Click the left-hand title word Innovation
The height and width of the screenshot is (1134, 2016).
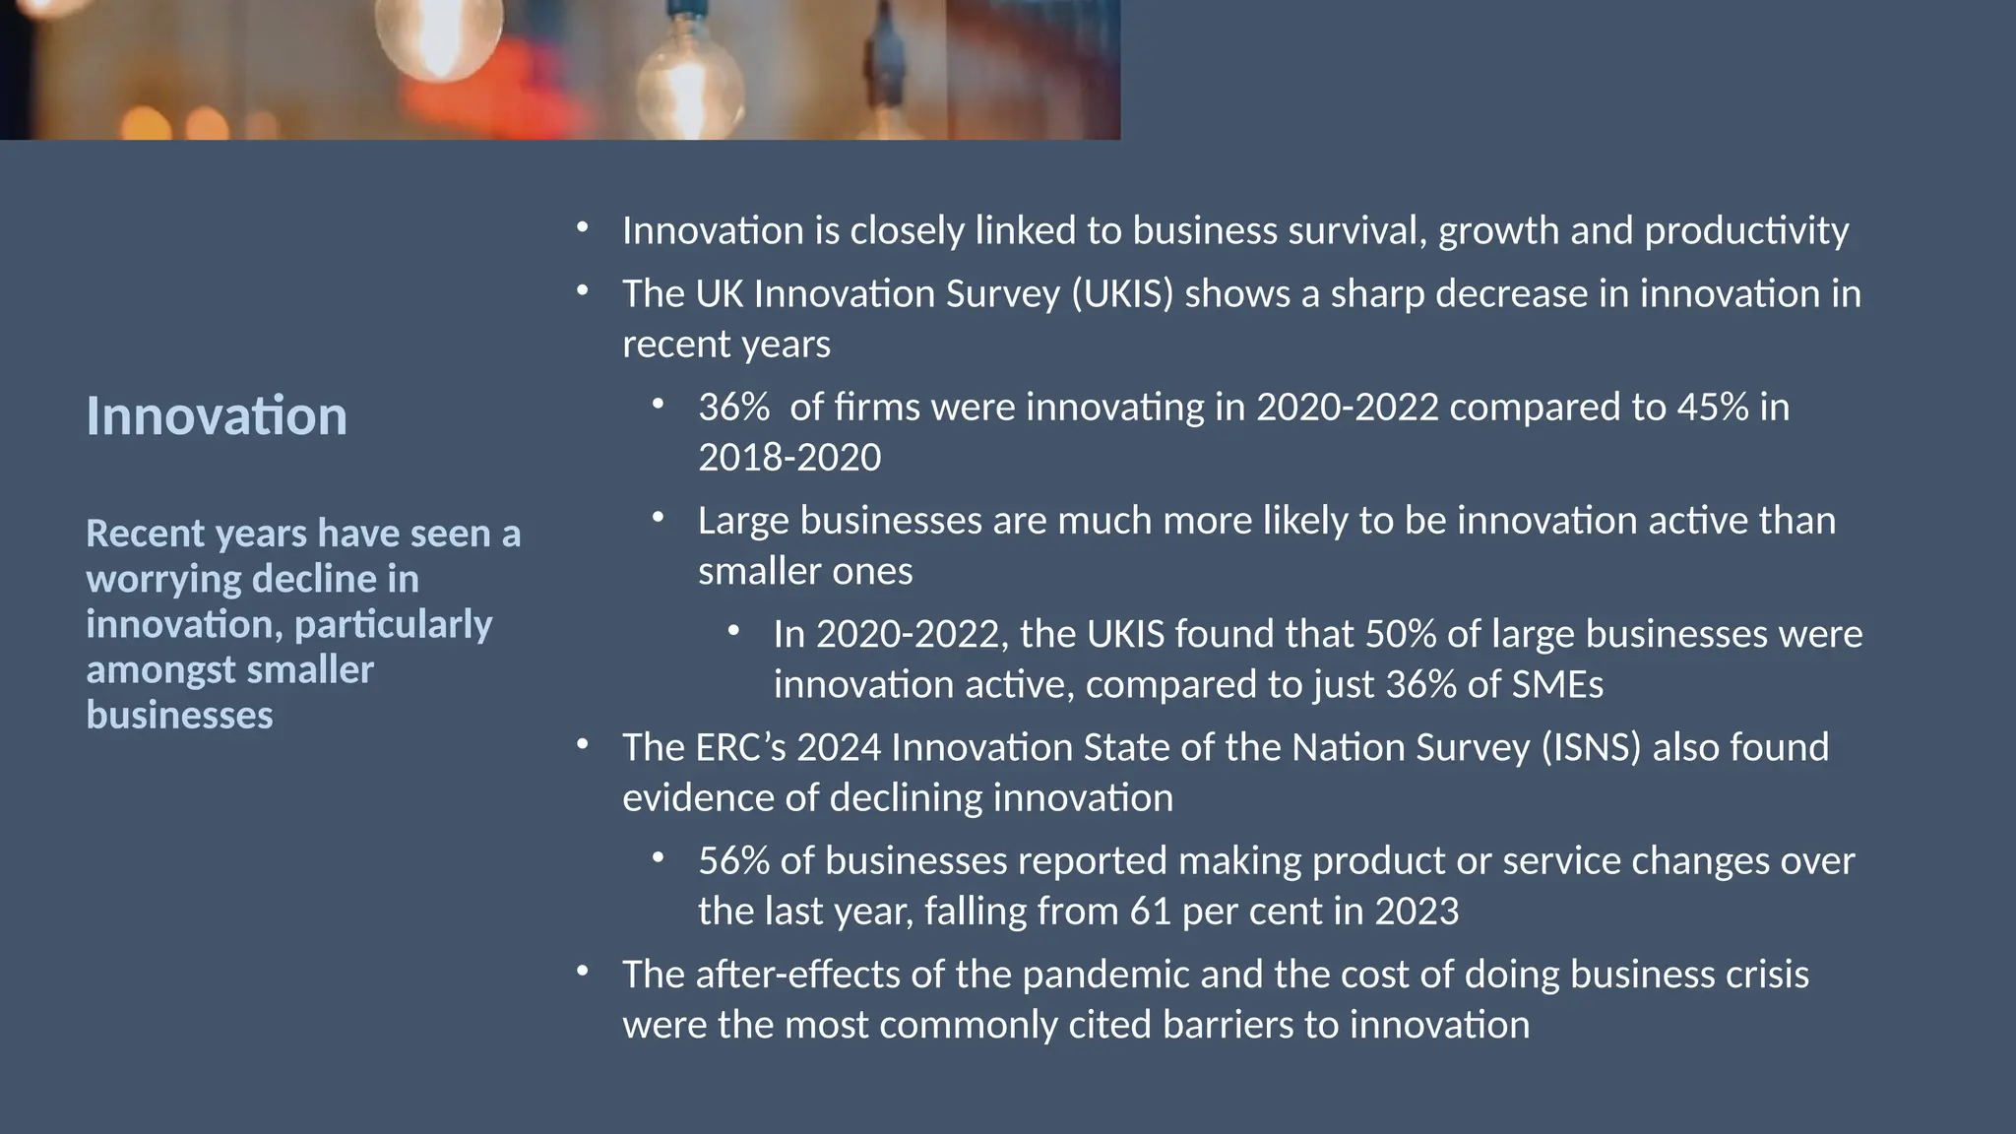[x=217, y=416]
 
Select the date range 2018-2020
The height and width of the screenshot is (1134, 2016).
[x=789, y=458]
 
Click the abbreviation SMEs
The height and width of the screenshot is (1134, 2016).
[x=1555, y=684]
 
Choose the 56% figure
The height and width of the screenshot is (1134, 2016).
[x=733, y=861]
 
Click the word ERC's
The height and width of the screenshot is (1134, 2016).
[x=740, y=747]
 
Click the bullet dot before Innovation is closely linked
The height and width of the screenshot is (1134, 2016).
[x=583, y=228]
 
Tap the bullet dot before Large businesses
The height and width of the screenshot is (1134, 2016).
[x=659, y=518]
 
